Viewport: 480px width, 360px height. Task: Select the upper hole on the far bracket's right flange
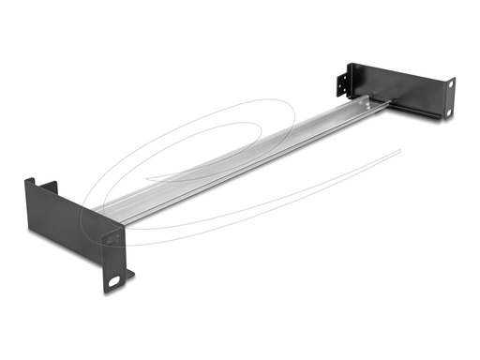point(450,85)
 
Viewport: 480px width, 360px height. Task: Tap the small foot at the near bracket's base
point(128,275)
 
